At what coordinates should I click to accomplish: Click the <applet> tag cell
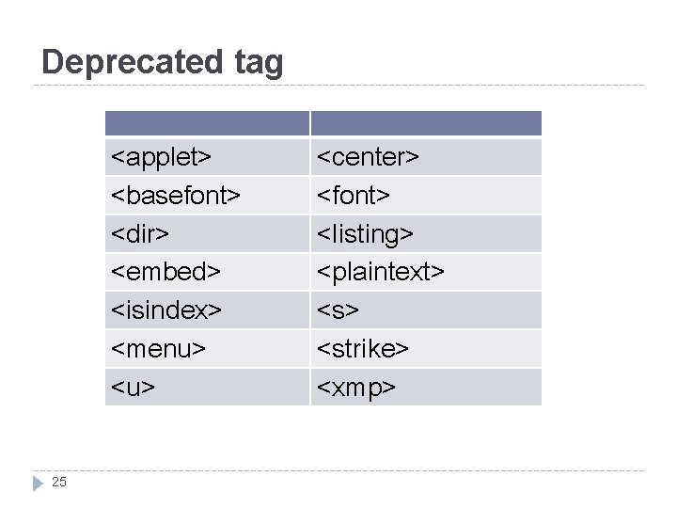161,156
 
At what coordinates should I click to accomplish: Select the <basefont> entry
176,195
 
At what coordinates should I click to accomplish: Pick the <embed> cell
166,272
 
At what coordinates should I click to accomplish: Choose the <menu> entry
159,348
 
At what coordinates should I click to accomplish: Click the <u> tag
134,387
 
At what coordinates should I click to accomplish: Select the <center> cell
368,156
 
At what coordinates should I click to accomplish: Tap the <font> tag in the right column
354,195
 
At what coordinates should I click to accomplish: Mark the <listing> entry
365,233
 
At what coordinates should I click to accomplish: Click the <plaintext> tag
380,272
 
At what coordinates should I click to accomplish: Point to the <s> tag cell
338,310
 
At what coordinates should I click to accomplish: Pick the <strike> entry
363,348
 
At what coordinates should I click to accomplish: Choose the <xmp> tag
356,387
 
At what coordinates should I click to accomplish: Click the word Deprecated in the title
129,62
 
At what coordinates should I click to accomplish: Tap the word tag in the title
254,63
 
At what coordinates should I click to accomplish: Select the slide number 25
59,483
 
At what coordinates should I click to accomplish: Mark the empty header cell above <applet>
207,123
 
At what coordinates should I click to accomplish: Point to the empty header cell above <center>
426,123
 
